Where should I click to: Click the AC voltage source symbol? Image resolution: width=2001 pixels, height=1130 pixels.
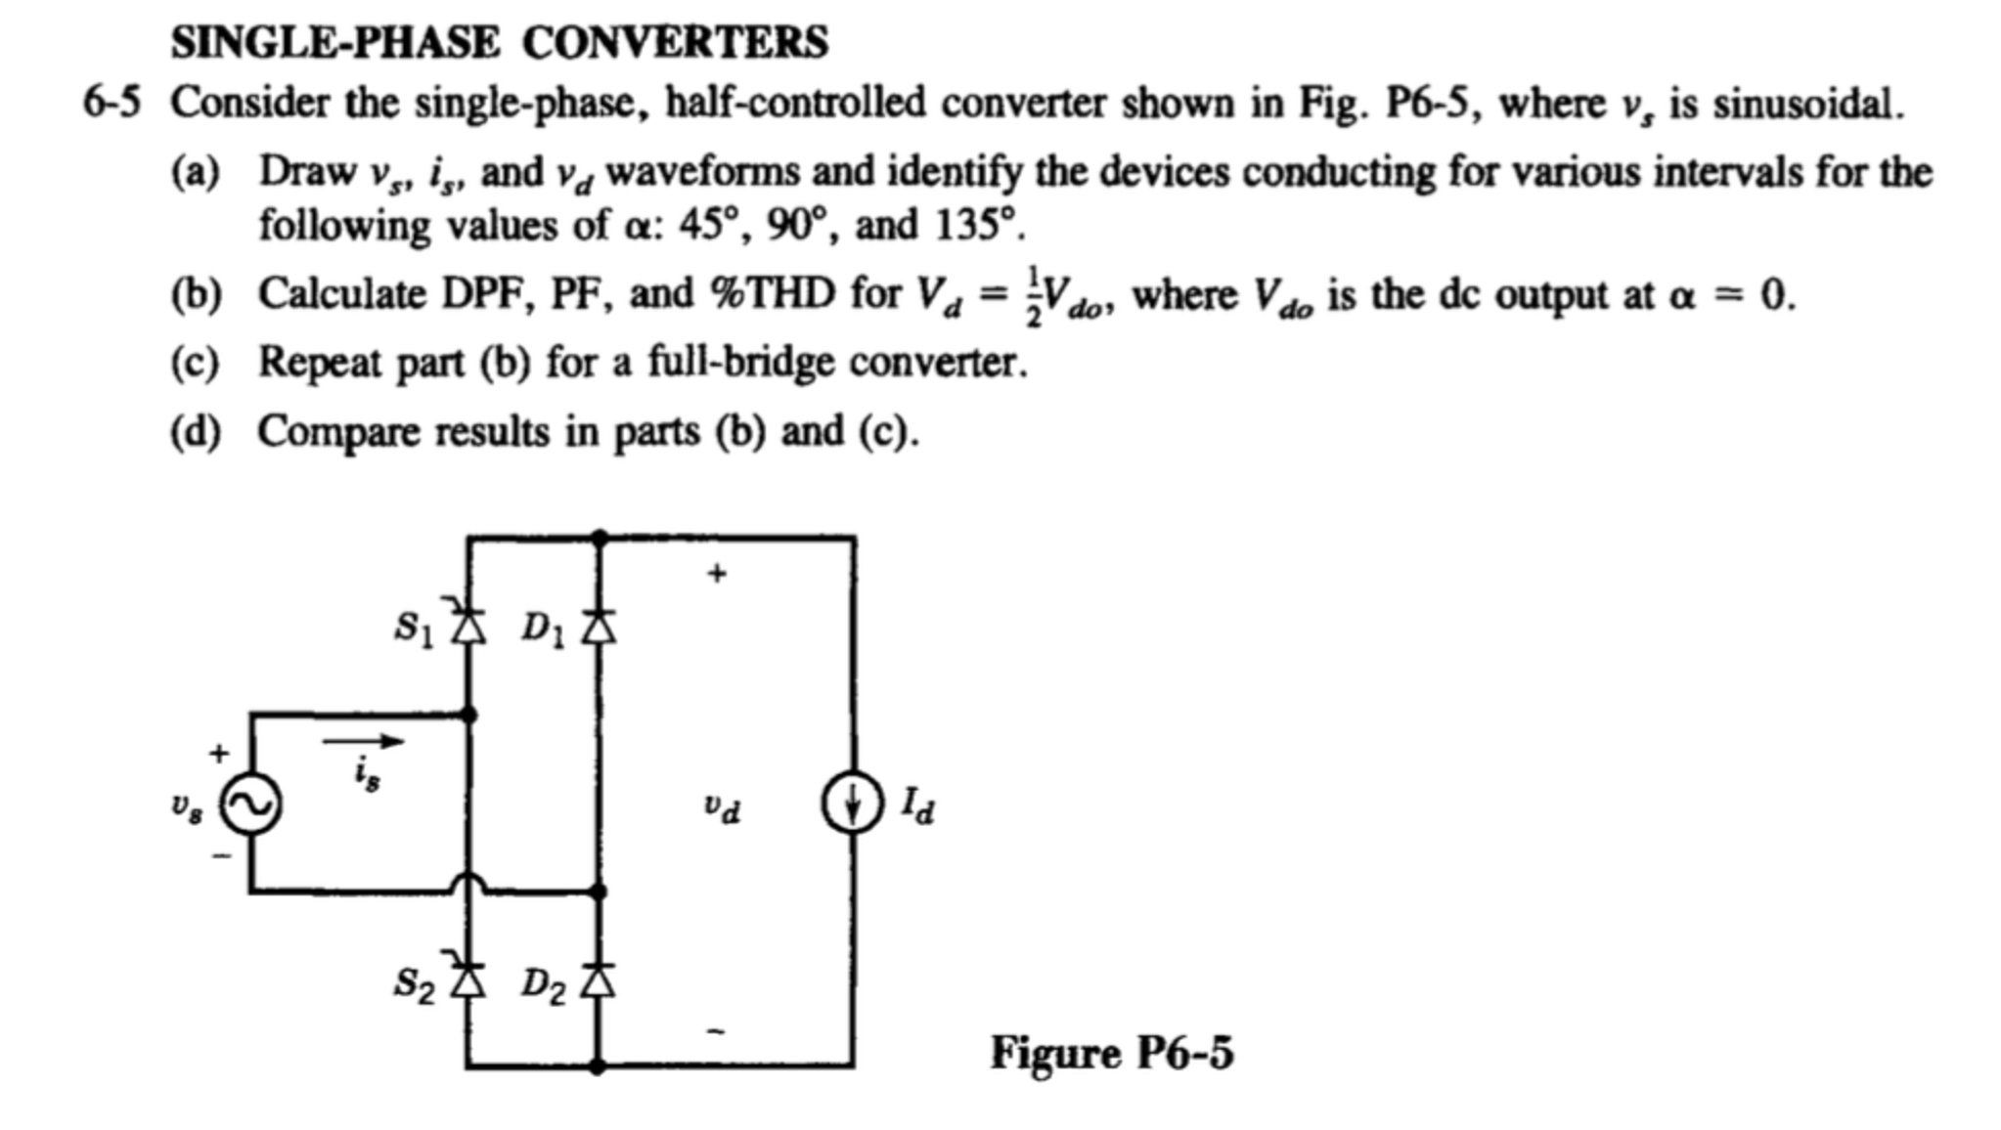251,804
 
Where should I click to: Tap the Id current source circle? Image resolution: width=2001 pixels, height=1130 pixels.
853,804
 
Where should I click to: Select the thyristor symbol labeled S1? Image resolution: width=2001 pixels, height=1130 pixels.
468,624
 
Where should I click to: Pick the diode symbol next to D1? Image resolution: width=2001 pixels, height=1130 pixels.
600,626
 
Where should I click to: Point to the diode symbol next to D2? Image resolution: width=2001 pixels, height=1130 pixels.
600,979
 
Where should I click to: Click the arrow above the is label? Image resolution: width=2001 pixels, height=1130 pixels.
363,742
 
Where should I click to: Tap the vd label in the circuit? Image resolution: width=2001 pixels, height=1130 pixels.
722,807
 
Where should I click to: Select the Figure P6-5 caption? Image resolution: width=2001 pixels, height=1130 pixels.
1112,1053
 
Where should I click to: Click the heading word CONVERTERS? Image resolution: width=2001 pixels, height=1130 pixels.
675,42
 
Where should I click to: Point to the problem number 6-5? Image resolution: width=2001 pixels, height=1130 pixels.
111,103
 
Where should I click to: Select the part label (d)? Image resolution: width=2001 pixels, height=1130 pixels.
195,431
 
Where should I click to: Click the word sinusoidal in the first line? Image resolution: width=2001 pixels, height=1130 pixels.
1807,103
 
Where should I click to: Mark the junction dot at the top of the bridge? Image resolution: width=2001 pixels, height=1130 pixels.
600,537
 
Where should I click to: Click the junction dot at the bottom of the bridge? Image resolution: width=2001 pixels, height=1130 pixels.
599,1065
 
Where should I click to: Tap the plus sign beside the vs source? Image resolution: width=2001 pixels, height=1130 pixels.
219,753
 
